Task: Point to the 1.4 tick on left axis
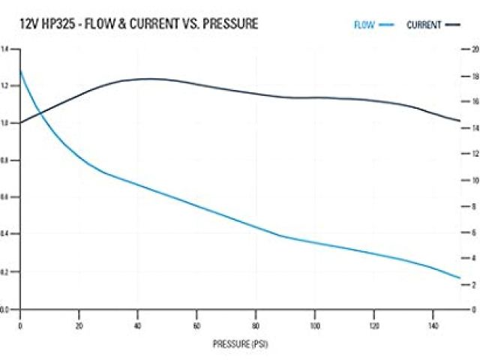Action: click(5, 49)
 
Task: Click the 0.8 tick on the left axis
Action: click(5, 160)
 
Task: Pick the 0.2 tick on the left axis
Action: click(5, 271)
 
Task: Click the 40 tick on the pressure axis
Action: click(137, 325)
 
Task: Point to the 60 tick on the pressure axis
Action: click(196, 325)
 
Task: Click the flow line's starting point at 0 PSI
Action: click(20, 70)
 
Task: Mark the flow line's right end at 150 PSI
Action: click(460, 278)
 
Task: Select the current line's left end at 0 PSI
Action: click(20, 122)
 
